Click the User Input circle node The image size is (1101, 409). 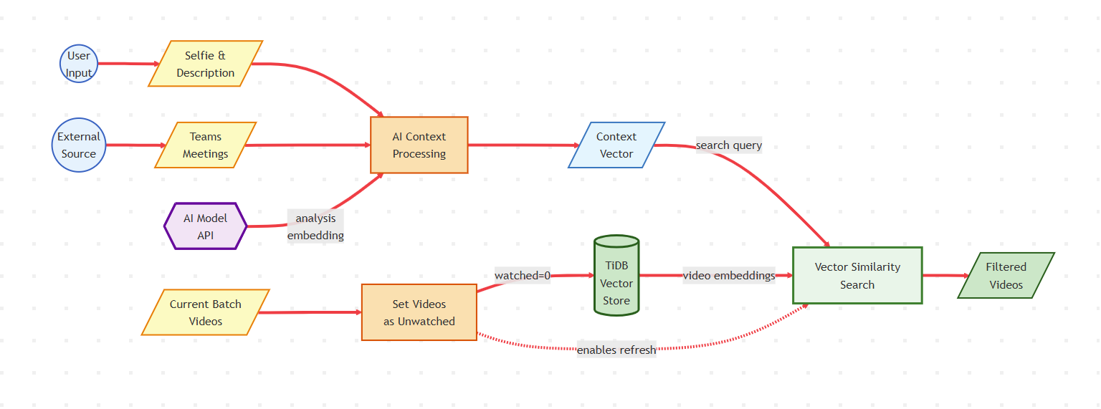(x=79, y=64)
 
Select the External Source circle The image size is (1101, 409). (x=79, y=145)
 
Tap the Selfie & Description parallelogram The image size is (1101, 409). (x=206, y=64)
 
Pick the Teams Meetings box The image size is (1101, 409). (x=206, y=145)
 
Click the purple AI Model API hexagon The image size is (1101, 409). (x=206, y=226)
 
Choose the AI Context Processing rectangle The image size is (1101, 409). (x=419, y=145)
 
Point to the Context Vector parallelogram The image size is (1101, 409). (x=616, y=145)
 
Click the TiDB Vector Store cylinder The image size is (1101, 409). (x=616, y=276)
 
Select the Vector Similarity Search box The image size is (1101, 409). (x=857, y=276)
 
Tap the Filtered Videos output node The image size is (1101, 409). (x=1006, y=276)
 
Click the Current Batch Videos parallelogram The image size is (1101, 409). (x=206, y=312)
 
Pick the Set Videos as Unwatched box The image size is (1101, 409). (x=419, y=312)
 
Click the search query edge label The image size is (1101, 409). (x=729, y=145)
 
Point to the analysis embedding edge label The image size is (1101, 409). (x=315, y=226)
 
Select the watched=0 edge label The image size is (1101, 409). (x=523, y=276)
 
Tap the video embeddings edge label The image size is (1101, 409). (x=729, y=276)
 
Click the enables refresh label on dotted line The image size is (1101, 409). (x=616, y=350)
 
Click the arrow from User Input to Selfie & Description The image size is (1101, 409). (x=129, y=64)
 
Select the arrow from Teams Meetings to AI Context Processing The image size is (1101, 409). (x=308, y=145)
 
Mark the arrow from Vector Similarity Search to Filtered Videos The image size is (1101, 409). (x=945, y=276)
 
